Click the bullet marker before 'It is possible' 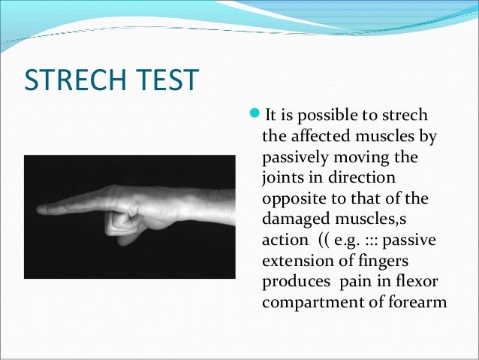pos(252,115)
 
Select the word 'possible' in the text pos(335,116)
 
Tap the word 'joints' pos(282,182)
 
